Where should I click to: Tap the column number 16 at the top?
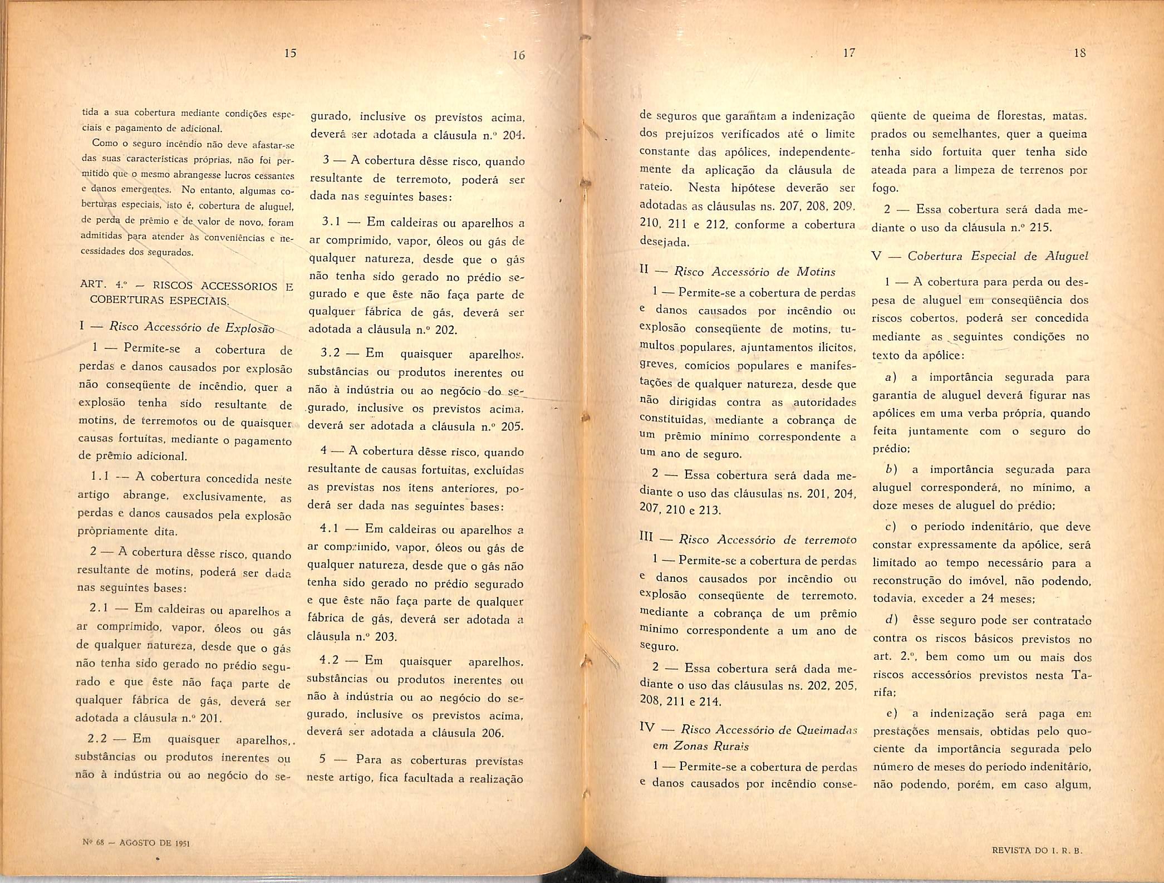519,55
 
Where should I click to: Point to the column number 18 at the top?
1080,53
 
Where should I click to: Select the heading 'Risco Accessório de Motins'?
755,272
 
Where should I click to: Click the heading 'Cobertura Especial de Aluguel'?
998,256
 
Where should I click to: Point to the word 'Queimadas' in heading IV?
831,729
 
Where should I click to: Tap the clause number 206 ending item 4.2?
492,733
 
